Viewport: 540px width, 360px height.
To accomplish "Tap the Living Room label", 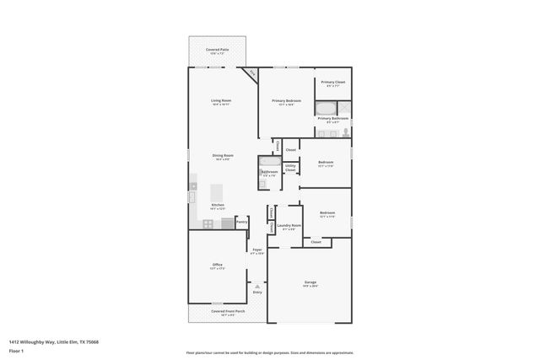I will [221, 100].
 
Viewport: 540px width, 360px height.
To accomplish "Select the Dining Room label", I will [223, 156].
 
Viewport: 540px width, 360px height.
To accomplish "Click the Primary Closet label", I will [332, 82].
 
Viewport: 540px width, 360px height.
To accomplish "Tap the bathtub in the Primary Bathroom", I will [326, 108].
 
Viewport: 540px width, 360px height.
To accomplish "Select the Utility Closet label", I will [290, 168].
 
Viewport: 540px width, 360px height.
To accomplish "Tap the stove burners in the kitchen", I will [208, 223].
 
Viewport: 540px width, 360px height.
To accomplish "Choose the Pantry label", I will [241, 221].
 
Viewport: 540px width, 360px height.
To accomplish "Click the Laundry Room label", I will [289, 225].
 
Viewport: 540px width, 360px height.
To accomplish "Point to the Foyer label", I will [257, 250].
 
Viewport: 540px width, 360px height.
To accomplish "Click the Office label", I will [217, 266].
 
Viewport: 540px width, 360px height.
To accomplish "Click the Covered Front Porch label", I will [228, 310].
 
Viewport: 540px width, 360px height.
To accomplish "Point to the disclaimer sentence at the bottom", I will [269, 353].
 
